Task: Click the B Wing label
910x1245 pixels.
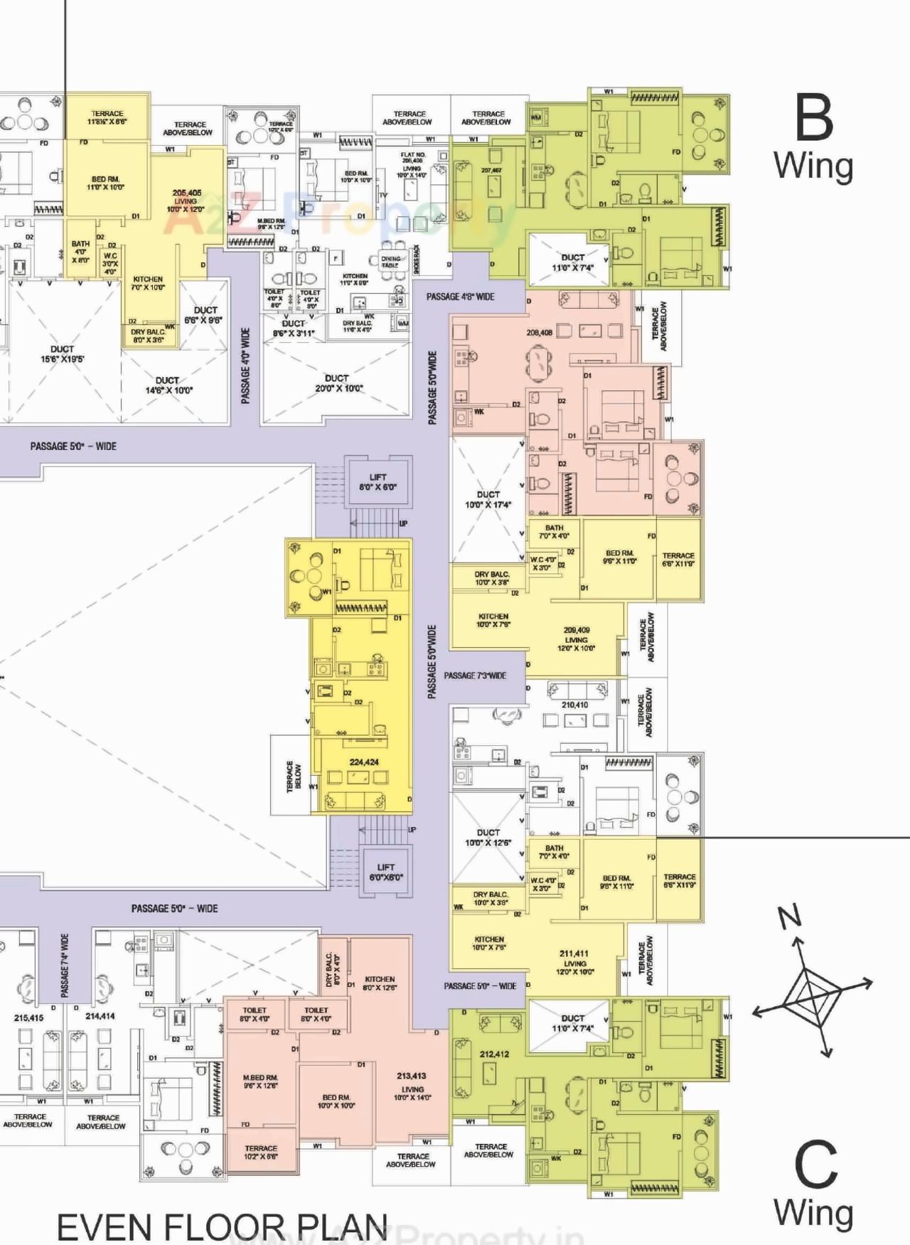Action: pos(814,139)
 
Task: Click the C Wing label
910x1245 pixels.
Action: pos(815,1185)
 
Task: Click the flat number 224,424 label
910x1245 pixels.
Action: pos(364,762)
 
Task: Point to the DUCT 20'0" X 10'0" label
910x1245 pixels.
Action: pos(337,383)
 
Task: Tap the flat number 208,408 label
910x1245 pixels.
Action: pos(540,332)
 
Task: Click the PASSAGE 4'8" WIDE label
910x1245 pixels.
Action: pos(461,296)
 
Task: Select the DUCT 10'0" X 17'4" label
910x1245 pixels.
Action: pos(488,499)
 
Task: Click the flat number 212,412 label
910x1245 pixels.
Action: pos(494,1054)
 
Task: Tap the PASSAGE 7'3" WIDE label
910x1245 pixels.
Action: pos(476,675)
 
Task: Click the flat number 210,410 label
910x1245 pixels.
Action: pos(574,705)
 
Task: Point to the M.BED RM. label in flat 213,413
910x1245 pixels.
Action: pos(260,1081)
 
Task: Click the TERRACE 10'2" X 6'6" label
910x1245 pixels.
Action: pos(261,1153)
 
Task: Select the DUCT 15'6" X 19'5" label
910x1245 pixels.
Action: pos(62,354)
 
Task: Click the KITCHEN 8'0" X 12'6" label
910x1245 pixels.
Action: pos(380,983)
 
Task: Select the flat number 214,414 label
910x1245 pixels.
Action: pos(100,1016)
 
